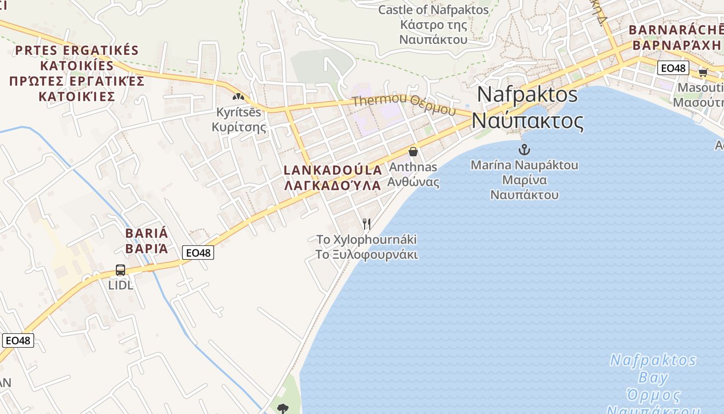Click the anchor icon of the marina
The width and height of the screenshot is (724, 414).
click(524, 150)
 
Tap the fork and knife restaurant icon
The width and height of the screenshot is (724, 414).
click(367, 224)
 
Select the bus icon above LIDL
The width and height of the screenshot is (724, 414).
click(120, 270)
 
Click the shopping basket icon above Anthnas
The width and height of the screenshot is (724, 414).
click(413, 152)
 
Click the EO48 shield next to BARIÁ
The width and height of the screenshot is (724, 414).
click(198, 253)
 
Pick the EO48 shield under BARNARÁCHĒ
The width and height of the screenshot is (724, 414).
click(673, 68)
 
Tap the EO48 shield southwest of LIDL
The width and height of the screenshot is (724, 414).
click(18, 340)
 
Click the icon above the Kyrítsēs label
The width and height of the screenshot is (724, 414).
click(238, 96)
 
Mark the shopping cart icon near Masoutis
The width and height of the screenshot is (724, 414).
click(703, 72)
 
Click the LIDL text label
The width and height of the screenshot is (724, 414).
click(120, 285)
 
